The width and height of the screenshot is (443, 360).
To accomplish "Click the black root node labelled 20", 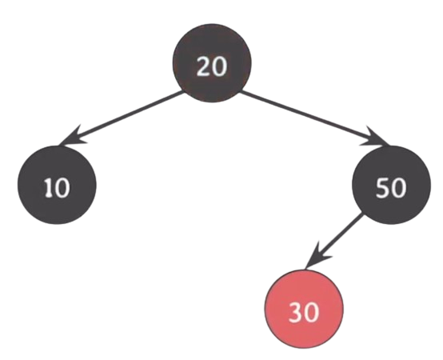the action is [x=212, y=63].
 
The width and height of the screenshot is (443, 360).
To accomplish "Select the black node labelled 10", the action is [x=57, y=185].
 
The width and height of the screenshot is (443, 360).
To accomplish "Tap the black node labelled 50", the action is [x=392, y=185].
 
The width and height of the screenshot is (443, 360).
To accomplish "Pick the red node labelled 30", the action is [x=304, y=309].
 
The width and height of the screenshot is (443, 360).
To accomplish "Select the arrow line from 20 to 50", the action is [x=315, y=118].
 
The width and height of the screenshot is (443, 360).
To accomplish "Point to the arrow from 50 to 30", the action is [x=334, y=241].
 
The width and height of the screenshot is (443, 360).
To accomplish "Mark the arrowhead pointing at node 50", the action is [x=376, y=138].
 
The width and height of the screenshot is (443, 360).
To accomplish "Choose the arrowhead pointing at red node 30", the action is [x=316, y=257].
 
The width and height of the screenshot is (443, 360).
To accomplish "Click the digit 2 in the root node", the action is [x=204, y=66].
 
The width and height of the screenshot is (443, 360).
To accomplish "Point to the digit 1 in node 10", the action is [x=49, y=188].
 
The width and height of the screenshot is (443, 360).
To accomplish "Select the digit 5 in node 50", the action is [x=382, y=188].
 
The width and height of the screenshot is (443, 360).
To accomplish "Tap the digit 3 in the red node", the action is [x=296, y=312].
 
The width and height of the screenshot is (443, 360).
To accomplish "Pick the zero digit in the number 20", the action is [x=219, y=66].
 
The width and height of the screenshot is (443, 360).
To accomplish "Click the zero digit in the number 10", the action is [x=62, y=188].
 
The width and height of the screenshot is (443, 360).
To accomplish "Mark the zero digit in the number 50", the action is [x=399, y=188].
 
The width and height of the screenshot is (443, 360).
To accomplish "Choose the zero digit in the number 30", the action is [x=311, y=312].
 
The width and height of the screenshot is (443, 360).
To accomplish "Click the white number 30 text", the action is [x=304, y=312].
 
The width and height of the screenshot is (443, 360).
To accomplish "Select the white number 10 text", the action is [x=57, y=188].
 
